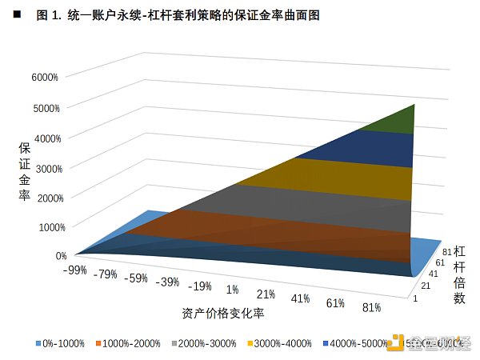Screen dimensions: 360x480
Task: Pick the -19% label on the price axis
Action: (200, 286)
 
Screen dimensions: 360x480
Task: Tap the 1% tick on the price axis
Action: (232, 289)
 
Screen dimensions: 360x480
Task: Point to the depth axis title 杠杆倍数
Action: (459, 274)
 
